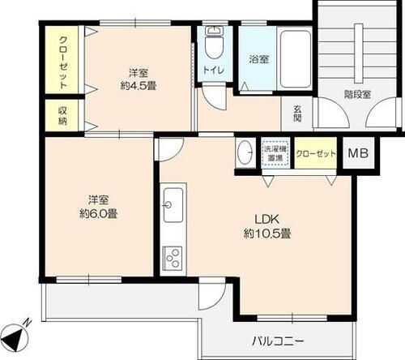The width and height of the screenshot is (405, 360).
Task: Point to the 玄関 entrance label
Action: pos(297,114)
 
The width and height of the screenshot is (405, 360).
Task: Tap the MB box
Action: pos(356,153)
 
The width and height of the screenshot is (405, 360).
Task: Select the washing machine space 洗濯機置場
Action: pos(274,153)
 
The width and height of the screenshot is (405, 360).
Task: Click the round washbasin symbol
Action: pos(245,152)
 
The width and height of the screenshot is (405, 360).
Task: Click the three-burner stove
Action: pos(173,258)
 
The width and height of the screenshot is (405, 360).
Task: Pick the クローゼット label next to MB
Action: pos(315,153)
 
